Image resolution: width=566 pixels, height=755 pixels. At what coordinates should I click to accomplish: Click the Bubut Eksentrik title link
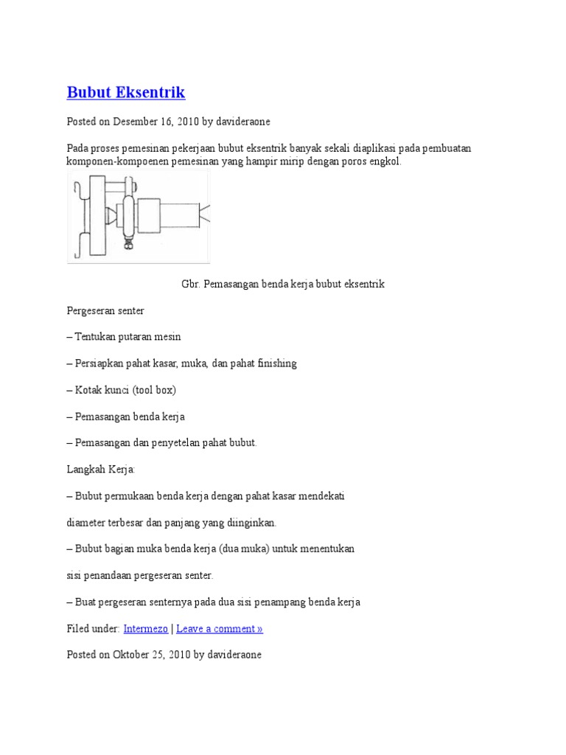coord(126,93)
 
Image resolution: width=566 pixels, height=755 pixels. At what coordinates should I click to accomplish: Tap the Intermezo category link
coord(145,629)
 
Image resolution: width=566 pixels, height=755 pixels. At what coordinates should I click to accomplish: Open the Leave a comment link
coord(220,629)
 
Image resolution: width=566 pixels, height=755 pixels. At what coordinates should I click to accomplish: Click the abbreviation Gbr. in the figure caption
coord(191,284)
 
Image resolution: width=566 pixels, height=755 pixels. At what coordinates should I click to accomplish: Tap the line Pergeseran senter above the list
coord(105,310)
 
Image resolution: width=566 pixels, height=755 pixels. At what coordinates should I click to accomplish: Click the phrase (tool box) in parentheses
coord(154,390)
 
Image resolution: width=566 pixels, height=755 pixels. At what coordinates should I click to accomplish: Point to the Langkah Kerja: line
coord(101,470)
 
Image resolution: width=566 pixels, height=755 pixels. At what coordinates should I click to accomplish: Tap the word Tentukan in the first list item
coord(97,337)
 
